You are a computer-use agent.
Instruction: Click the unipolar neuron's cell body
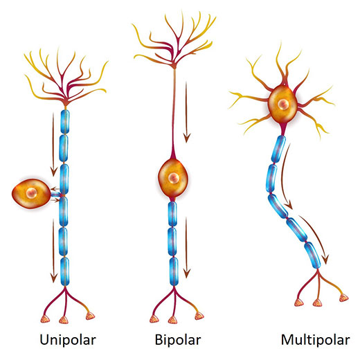[31, 193]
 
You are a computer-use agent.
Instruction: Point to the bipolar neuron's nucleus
[173, 178]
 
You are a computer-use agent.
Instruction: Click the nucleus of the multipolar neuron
[283, 105]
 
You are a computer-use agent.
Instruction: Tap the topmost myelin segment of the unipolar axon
[65, 122]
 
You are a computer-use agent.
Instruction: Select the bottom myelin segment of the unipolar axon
[65, 271]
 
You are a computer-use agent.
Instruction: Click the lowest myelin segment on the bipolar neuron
[174, 271]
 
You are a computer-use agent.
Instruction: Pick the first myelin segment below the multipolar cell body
[278, 149]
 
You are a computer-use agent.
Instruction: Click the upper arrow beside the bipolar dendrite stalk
[187, 112]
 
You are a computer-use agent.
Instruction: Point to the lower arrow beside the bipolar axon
[187, 248]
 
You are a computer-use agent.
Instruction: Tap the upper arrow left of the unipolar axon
[53, 145]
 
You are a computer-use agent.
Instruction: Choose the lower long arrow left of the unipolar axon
[53, 251]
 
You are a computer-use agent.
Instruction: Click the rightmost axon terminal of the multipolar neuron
[343, 298]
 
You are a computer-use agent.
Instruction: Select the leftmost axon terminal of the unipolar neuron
[45, 319]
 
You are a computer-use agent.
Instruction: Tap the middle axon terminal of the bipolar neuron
[172, 320]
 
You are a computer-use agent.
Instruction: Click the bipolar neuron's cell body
[173, 178]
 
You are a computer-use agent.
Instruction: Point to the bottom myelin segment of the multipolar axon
[312, 255]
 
